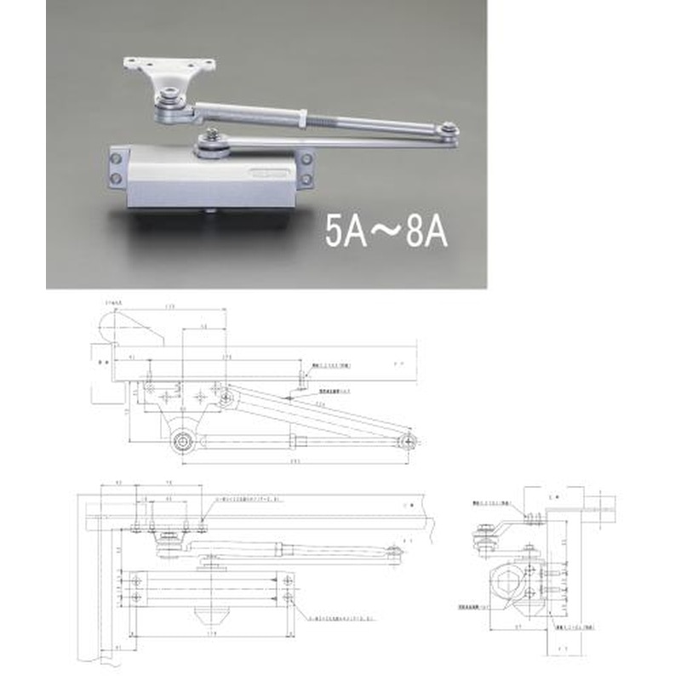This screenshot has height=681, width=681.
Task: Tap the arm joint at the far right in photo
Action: (x=448, y=131)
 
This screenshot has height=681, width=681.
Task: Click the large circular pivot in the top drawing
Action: (x=181, y=441)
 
